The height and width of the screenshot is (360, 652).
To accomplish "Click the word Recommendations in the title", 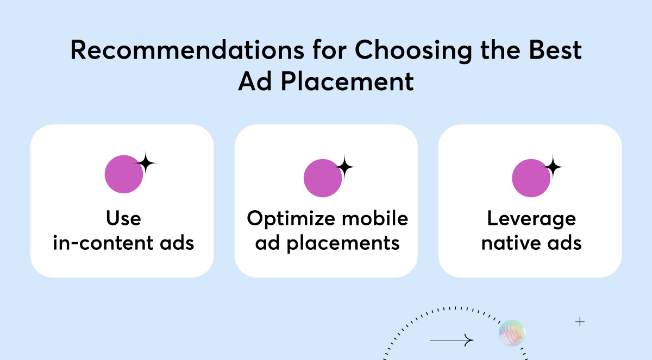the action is tap(187, 50).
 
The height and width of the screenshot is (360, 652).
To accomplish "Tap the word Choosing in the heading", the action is tap(413, 51).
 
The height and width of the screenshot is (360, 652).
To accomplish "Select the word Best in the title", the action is tap(555, 50).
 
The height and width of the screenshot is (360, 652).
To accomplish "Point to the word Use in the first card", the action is tap(124, 218).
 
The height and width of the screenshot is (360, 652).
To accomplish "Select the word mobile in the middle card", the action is tap(375, 218).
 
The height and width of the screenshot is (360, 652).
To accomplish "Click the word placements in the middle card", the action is tap(343, 244).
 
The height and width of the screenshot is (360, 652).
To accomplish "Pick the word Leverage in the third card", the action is tap(531, 219).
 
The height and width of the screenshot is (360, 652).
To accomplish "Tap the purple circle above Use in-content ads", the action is tap(124, 174).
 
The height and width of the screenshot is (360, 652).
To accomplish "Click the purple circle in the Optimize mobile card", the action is tap(323, 178).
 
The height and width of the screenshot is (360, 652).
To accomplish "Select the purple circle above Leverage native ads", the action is tap(531, 178).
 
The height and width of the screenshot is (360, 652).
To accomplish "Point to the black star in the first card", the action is tap(146, 163).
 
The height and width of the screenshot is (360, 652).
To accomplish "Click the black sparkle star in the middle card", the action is tap(345, 167).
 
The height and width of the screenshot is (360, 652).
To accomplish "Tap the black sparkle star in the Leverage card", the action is tap(553, 167).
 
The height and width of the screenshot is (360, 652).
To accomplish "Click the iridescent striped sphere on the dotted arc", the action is tap(512, 333).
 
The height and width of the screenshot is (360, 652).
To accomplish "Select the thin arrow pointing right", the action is tap(452, 340).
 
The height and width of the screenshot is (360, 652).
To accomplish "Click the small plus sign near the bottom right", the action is tap(580, 322).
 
